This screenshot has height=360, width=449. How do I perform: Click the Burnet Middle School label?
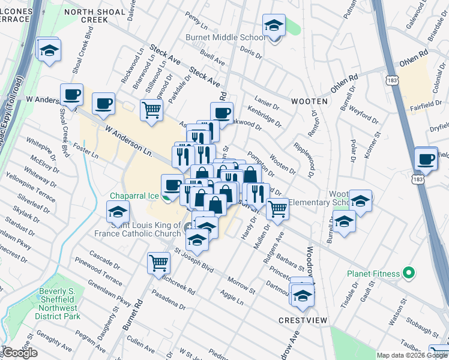226,37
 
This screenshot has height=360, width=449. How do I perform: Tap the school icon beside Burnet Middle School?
274,26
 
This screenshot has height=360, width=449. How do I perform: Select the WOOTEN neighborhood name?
310,101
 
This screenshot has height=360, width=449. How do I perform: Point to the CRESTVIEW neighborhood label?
303,320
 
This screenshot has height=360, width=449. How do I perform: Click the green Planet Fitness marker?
410,274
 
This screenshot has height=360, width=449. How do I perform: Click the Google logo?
20,353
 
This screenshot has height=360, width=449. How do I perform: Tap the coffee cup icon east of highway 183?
426,159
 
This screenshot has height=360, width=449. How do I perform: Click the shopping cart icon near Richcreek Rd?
159,263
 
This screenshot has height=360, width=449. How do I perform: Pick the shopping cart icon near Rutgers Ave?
277,209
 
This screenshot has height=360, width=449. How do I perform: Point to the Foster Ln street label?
85,146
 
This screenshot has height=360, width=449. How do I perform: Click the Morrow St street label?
242,285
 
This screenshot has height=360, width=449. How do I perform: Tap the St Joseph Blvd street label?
194,258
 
